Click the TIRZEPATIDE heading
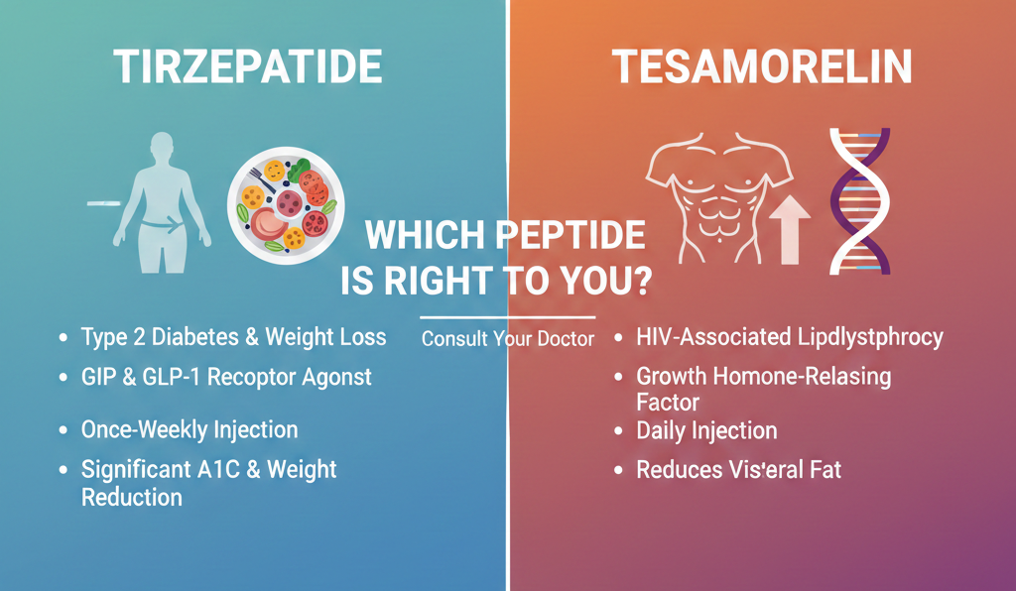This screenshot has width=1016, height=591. (x=248, y=66)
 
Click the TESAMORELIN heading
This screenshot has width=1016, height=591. (x=762, y=66)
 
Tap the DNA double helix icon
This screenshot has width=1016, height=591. (x=860, y=200)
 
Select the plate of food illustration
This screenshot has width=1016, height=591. (x=286, y=205)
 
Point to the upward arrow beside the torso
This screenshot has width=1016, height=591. (x=789, y=229)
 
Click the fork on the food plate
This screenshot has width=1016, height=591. (x=262, y=179)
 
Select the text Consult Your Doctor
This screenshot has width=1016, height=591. (x=507, y=338)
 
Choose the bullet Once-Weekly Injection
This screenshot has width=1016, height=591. (x=190, y=429)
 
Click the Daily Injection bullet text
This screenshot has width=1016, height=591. (x=706, y=431)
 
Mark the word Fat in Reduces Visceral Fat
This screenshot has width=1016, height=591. (x=825, y=469)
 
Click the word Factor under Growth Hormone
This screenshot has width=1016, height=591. (x=668, y=403)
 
